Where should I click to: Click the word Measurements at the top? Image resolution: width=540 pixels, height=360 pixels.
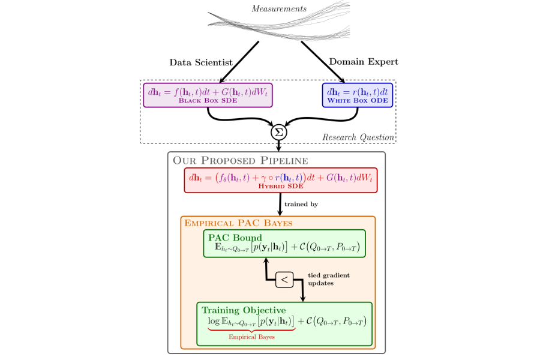[279, 9]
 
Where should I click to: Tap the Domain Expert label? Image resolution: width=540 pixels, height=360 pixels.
[364, 62]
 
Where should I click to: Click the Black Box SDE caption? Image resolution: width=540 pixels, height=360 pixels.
[208, 101]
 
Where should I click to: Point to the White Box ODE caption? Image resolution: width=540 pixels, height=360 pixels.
[358, 101]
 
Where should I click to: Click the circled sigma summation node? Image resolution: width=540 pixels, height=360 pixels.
[279, 131]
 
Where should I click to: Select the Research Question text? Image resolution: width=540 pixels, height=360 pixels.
[358, 137]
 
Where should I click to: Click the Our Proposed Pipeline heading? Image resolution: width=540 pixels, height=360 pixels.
[240, 160]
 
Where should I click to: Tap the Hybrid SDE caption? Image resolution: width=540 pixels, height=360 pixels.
[280, 187]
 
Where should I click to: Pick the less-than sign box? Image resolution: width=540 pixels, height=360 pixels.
[284, 279]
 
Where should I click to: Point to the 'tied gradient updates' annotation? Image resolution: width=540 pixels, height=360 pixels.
[328, 279]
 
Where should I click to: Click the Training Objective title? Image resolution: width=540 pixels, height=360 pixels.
[244, 310]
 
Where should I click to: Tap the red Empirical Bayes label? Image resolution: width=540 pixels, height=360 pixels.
[251, 337]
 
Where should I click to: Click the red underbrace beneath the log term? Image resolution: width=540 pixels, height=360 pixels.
[251, 329]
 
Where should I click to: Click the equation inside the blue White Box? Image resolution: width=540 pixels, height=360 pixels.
[357, 92]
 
